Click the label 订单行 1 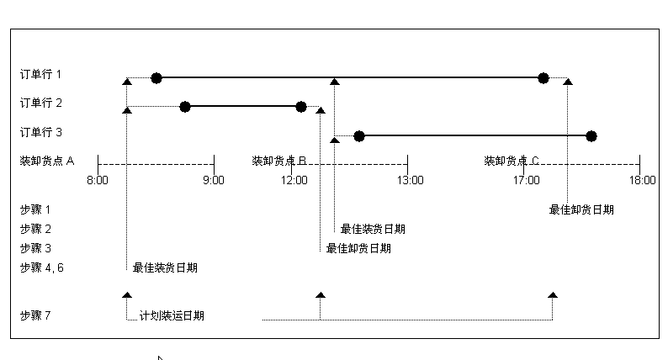click(x=41, y=74)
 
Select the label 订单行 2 click(x=41, y=103)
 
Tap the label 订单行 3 click(x=41, y=132)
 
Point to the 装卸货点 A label click(x=47, y=161)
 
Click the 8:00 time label click(x=98, y=180)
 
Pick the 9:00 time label click(x=214, y=180)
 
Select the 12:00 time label click(x=294, y=180)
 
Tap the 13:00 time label click(x=410, y=180)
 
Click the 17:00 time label click(x=526, y=180)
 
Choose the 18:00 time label click(x=642, y=180)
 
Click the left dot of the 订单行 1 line click(x=156, y=78)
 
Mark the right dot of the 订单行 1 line click(x=543, y=78)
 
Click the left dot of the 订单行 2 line click(x=185, y=107)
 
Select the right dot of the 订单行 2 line click(x=301, y=107)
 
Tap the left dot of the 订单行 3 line click(x=359, y=136)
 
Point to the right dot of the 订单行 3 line click(x=591, y=136)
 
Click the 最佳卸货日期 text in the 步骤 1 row click(x=581, y=209)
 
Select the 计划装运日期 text click(x=172, y=316)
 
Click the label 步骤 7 click(x=35, y=315)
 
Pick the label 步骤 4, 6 click(x=40, y=267)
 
